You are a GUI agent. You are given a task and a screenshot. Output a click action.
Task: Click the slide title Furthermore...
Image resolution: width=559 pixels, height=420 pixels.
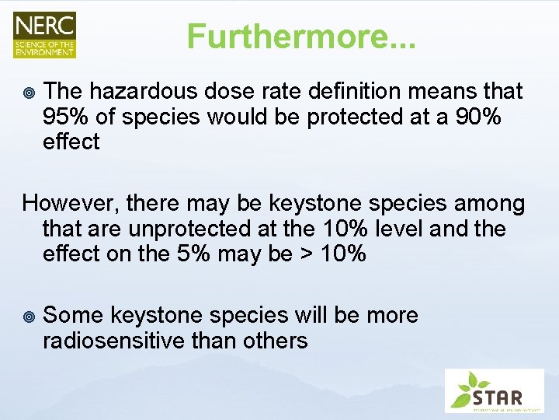301,37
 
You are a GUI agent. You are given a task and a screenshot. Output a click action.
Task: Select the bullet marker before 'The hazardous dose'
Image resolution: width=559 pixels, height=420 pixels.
29,93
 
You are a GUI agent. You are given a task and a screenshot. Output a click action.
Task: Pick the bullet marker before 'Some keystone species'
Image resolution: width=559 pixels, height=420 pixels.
29,317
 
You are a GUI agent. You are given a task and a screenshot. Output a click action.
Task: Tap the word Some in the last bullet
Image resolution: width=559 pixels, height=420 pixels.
73,316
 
